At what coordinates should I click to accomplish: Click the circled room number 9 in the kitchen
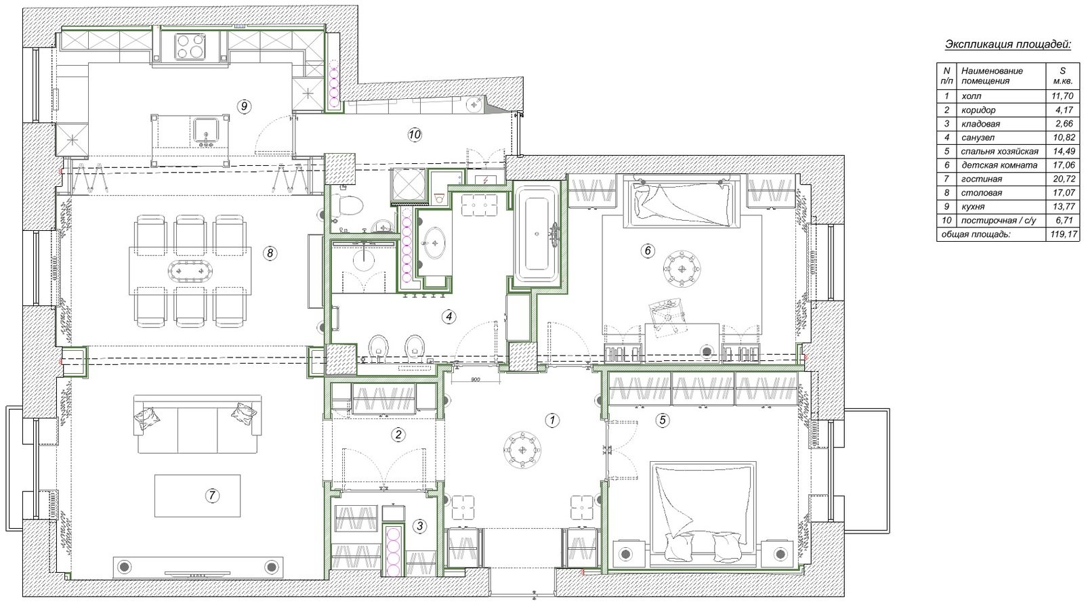coord(244,106)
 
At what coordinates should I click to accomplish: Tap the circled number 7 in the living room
coord(211,495)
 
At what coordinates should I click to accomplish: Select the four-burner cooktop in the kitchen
coord(189,47)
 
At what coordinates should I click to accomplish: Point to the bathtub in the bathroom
coord(537,234)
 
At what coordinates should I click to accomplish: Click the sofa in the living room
coord(197,424)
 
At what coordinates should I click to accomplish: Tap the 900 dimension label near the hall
coord(475,380)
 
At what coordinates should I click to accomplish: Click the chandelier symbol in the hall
coord(522,450)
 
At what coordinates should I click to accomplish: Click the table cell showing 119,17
coord(1064,234)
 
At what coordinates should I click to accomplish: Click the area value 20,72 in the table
coord(1064,179)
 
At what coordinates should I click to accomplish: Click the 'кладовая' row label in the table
coord(980,124)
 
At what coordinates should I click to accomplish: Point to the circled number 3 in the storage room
coord(419,526)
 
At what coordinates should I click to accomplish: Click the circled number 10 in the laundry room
coord(415,135)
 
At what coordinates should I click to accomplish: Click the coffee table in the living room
coord(197,496)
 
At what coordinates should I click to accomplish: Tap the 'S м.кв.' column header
coord(1063,76)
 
